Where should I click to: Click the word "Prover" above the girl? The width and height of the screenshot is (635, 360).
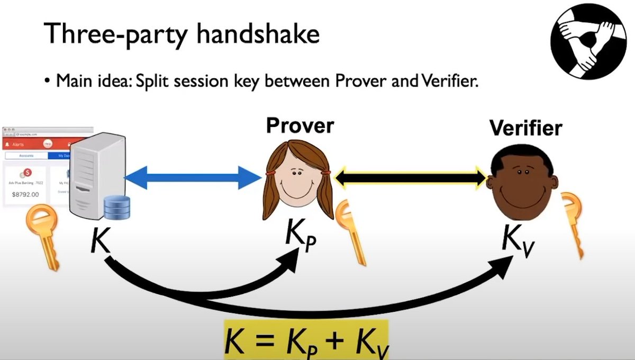coord(300,126)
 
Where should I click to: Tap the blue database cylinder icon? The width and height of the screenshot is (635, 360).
coord(117,207)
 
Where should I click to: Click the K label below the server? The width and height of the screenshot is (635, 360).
coord(100,241)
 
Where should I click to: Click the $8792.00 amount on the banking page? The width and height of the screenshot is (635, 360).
coord(25,194)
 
